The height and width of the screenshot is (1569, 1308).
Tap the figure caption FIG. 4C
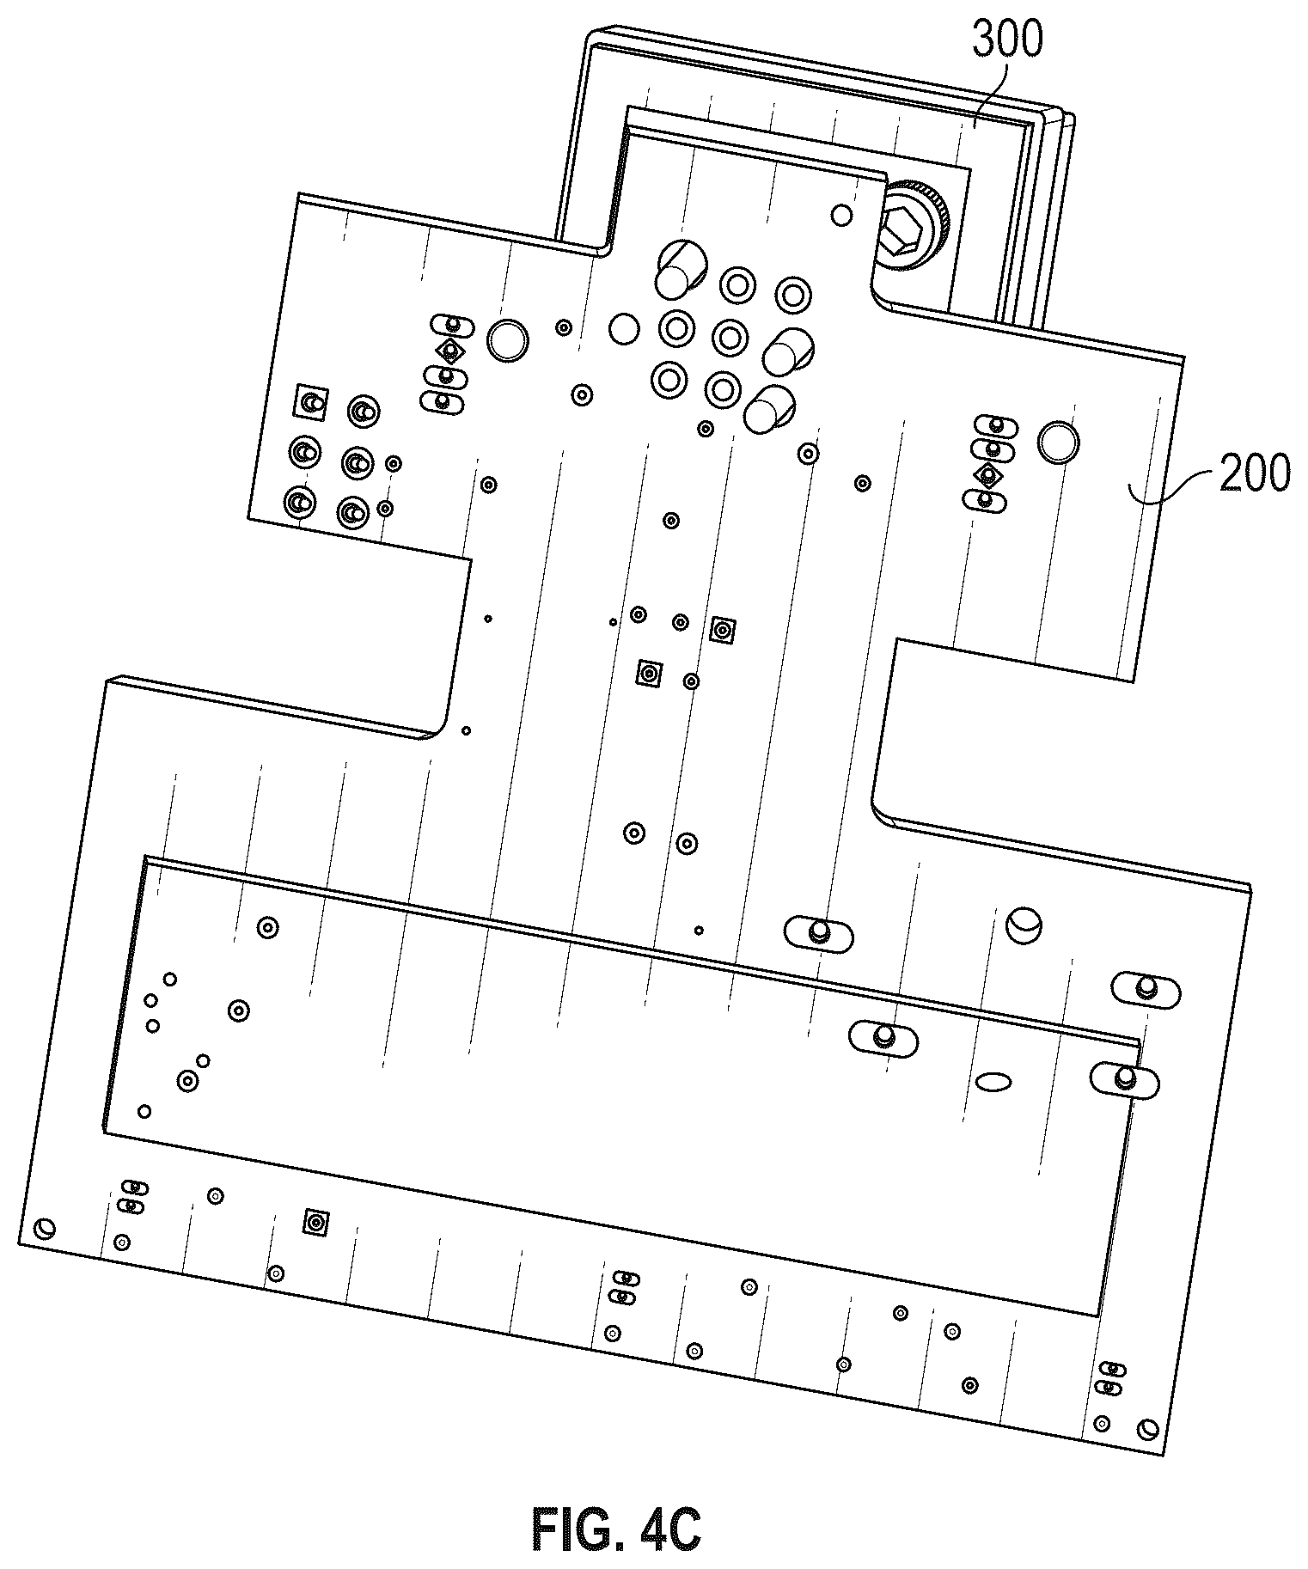pyautogui.click(x=616, y=1529)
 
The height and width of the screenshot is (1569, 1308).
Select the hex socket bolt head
pyautogui.click(x=908, y=227)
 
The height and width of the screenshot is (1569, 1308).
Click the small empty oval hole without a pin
pyautogui.click(x=993, y=1080)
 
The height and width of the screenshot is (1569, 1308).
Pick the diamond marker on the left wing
pyautogui.click(x=448, y=351)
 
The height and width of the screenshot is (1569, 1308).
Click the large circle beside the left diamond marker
pyautogui.click(x=507, y=339)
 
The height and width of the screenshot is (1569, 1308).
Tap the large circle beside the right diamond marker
pyautogui.click(x=1058, y=442)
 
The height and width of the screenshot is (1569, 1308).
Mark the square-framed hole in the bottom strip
pyautogui.click(x=316, y=1222)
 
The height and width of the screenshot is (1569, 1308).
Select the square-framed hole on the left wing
pyautogui.click(x=311, y=402)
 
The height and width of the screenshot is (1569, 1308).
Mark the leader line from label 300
pyautogui.click(x=991, y=89)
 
